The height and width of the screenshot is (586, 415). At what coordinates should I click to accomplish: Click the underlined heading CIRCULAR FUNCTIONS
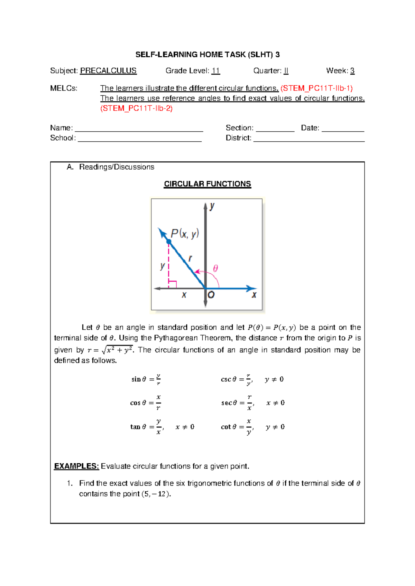tap(207, 184)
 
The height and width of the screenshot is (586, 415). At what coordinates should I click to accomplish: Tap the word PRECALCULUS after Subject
tap(108, 71)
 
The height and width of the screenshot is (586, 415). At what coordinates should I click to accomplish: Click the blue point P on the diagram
tap(169, 242)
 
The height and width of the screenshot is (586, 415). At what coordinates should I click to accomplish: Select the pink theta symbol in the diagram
tap(215, 268)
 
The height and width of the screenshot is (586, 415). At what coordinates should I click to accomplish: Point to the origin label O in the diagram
tap(211, 295)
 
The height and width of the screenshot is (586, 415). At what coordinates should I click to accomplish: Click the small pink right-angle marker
tap(173, 284)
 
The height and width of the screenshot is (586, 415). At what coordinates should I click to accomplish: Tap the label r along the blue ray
tap(190, 258)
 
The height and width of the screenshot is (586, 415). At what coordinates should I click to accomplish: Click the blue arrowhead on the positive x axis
tap(252, 288)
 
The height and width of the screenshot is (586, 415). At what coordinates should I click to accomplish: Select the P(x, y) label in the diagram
tap(185, 234)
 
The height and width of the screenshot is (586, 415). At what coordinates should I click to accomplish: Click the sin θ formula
tap(146, 379)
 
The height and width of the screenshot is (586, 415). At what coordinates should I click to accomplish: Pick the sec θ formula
tap(238, 403)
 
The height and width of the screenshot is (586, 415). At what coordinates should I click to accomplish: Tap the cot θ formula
tap(238, 427)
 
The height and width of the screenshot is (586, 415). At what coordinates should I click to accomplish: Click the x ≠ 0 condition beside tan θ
tap(185, 427)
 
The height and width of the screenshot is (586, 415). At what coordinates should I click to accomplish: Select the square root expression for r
tap(117, 350)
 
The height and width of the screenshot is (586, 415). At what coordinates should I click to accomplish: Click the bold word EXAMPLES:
tap(76, 466)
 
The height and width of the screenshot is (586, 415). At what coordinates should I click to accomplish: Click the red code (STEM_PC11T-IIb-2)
tap(136, 108)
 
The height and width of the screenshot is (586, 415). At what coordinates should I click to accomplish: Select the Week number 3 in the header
tap(352, 71)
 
